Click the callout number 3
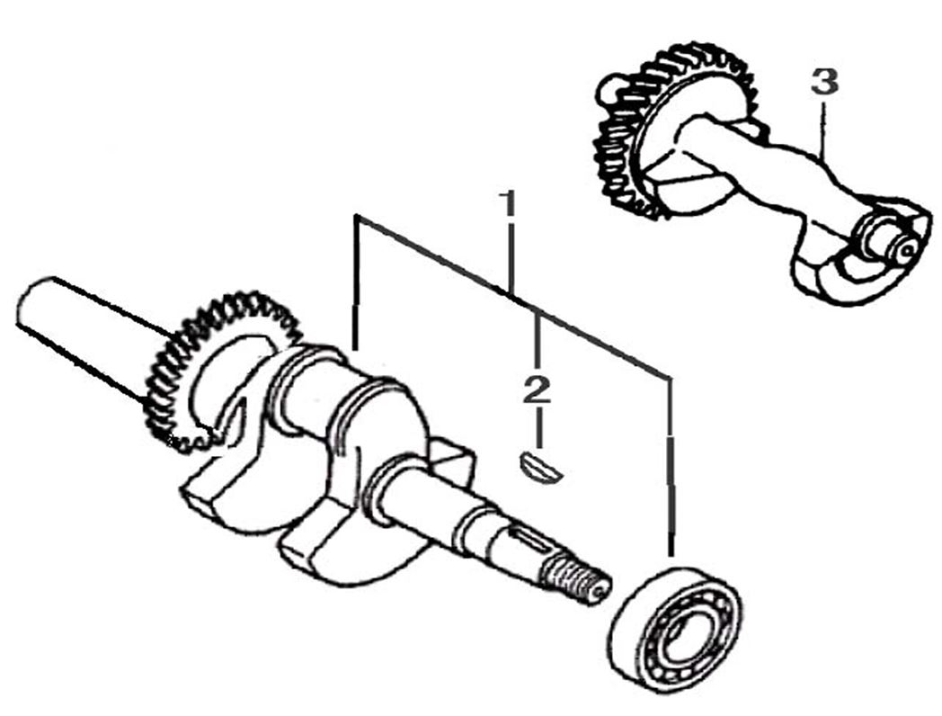[x=823, y=82]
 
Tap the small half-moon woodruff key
[x=540, y=470]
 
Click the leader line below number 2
[x=538, y=430]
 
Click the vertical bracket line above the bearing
[x=669, y=468]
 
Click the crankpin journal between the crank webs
[x=306, y=396]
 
